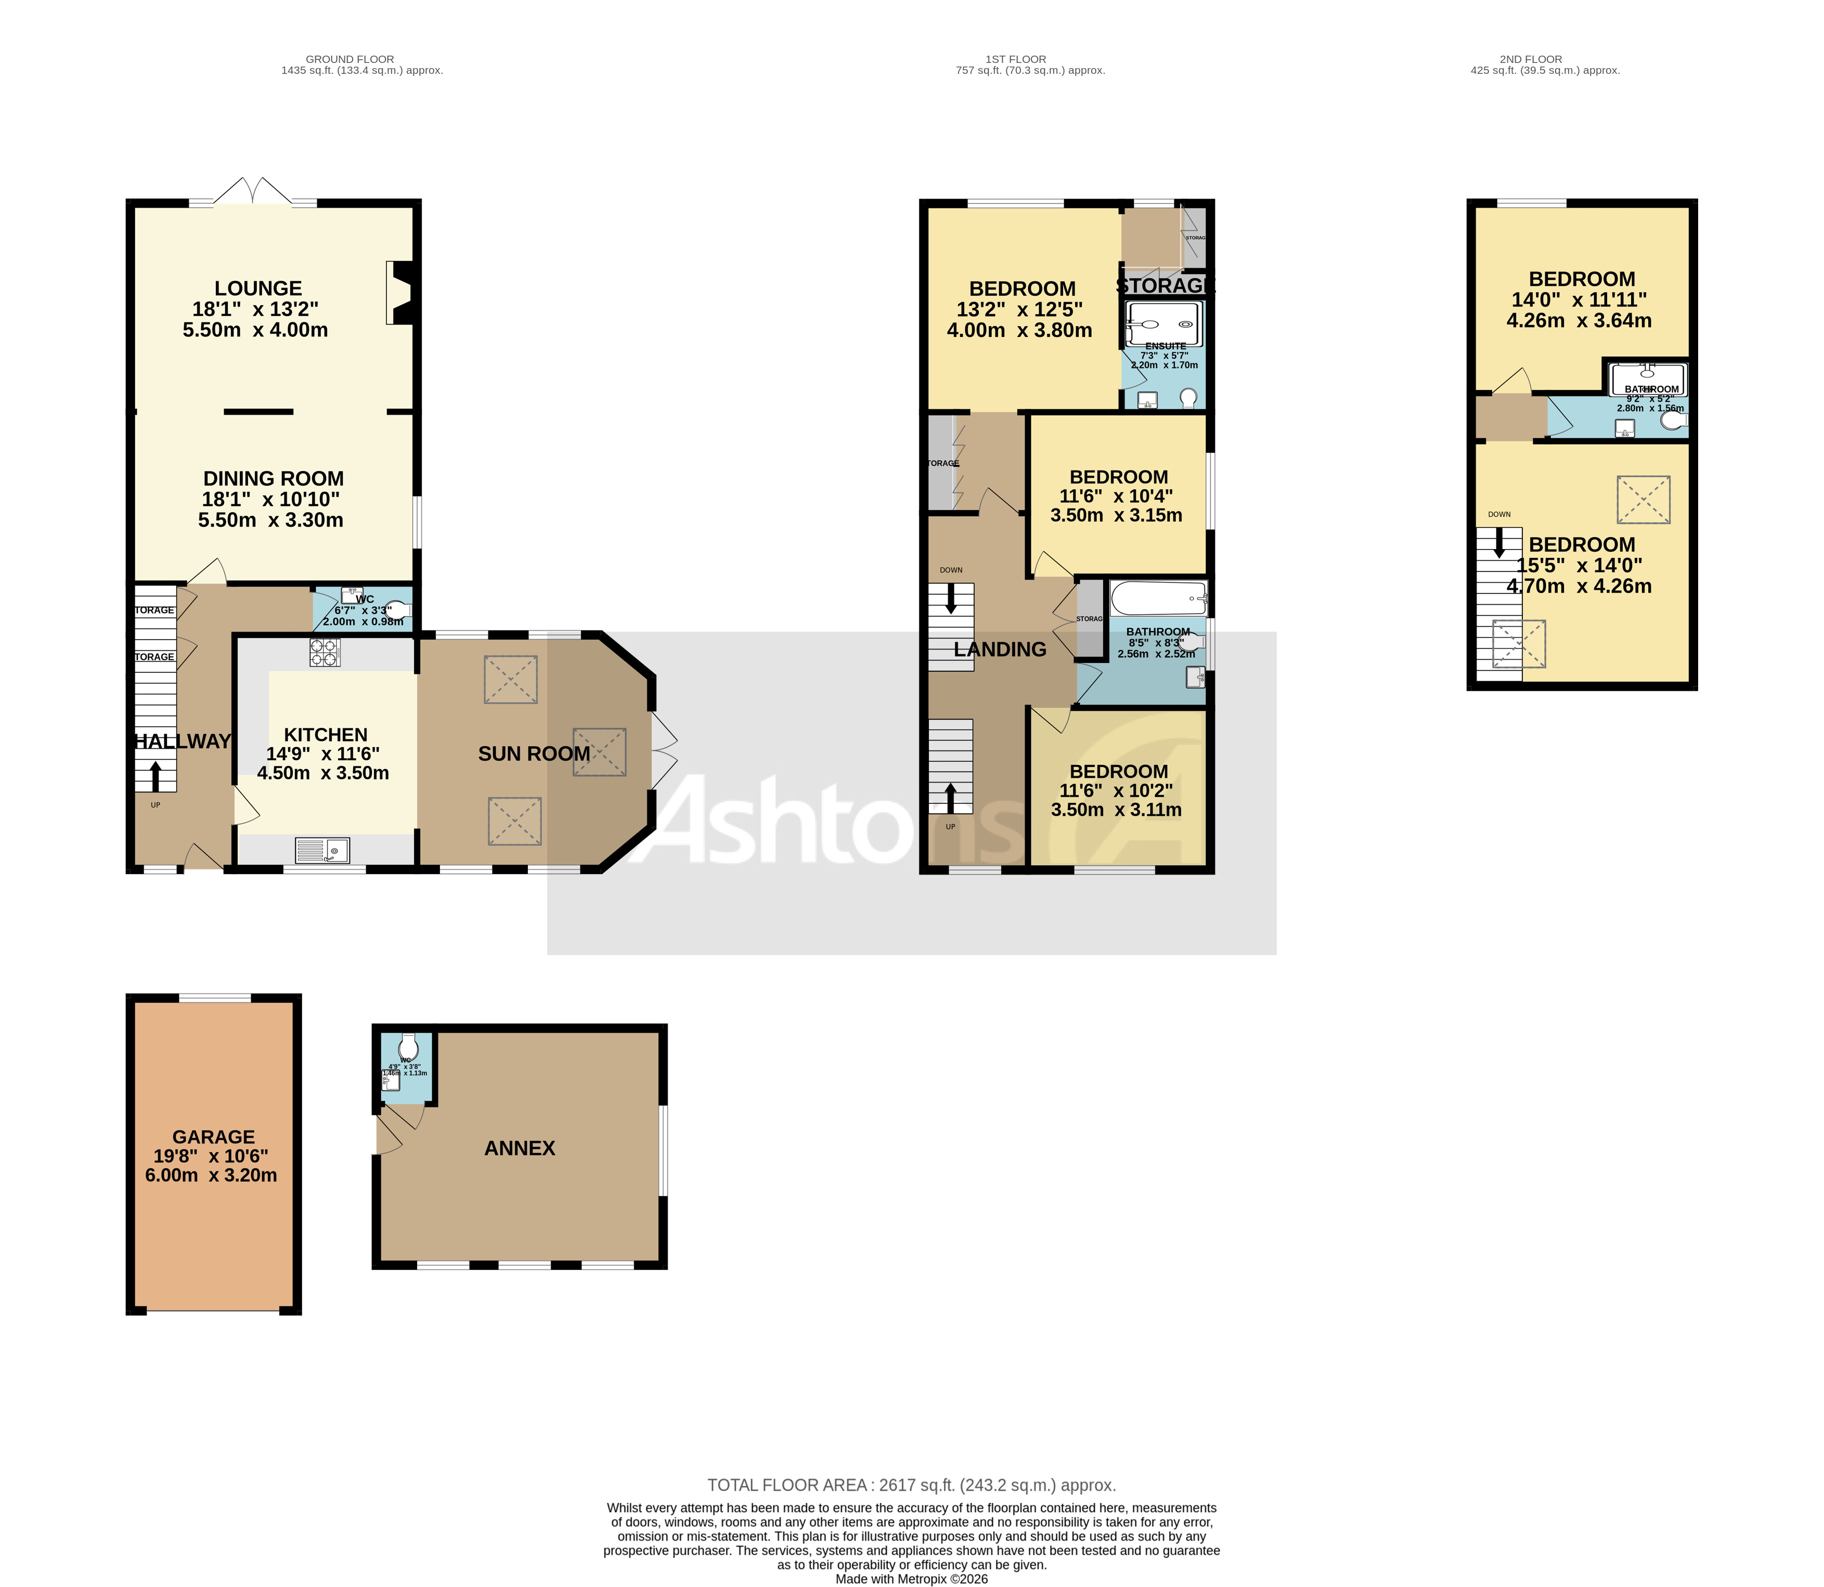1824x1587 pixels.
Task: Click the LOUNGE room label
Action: pyautogui.click(x=258, y=289)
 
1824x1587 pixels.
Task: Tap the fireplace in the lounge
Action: pyautogui.click(x=399, y=293)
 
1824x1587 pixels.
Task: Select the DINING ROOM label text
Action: pyautogui.click(x=273, y=479)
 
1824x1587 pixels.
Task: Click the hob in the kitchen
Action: pyautogui.click(x=324, y=653)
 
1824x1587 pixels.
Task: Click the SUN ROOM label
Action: pyautogui.click(x=533, y=753)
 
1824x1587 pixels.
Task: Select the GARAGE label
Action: pyautogui.click(x=213, y=1136)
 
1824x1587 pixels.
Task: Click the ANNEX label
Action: pyautogui.click(x=519, y=1148)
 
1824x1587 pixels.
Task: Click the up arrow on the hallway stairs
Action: pyautogui.click(x=156, y=776)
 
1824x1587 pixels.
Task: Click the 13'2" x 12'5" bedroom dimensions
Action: pyautogui.click(x=1019, y=310)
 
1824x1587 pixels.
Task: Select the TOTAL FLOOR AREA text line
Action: pyautogui.click(x=911, y=1485)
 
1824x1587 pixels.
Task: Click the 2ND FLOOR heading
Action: pyautogui.click(x=1530, y=59)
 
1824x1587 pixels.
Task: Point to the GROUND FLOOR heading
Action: pyautogui.click(x=350, y=59)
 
